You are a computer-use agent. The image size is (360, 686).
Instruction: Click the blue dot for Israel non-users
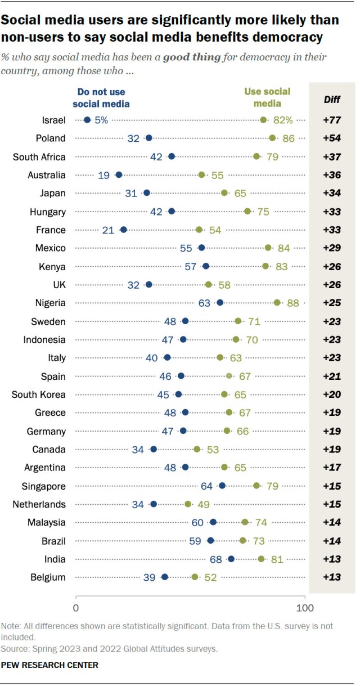coord(87,120)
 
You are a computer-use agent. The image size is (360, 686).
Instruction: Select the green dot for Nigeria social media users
coord(277,303)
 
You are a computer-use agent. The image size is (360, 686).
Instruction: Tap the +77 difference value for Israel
coord(332,120)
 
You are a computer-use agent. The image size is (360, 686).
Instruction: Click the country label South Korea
coord(39,394)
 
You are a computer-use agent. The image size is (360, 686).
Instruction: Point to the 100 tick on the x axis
coord(305,607)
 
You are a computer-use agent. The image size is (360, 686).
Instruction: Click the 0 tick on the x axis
coord(76,607)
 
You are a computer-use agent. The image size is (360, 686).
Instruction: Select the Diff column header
coord(331,99)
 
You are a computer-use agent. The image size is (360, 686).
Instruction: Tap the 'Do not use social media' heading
coord(101,97)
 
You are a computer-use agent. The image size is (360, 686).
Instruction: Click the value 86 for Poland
coord(289,138)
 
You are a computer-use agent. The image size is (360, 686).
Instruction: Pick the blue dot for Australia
coord(119,175)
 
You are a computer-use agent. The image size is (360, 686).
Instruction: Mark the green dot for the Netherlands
coord(188,504)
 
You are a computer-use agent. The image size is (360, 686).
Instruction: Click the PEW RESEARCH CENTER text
coord(50,665)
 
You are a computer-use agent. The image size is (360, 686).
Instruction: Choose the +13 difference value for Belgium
coord(332,577)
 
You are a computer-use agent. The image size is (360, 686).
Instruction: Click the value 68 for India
coord(215,559)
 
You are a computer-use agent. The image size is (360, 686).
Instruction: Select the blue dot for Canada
coord(154,450)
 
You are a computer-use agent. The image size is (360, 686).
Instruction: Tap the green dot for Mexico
coord(268,248)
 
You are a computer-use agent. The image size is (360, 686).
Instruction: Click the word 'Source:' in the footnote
coord(16,649)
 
